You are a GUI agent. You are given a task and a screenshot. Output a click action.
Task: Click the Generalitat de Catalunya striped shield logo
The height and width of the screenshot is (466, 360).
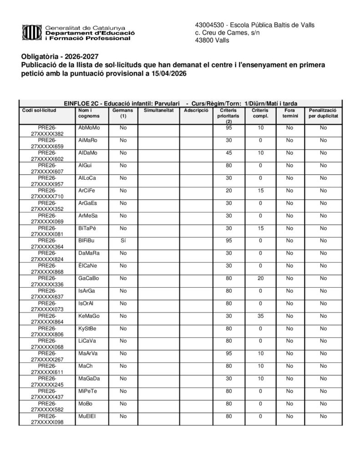tap(32, 32)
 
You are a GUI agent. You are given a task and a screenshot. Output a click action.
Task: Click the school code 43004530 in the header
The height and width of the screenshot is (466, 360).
tap(207, 25)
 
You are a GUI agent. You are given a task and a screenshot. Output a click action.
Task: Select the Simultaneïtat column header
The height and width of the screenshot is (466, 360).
tap(158, 110)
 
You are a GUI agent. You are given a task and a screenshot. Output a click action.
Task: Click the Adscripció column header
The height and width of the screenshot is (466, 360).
tap(196, 110)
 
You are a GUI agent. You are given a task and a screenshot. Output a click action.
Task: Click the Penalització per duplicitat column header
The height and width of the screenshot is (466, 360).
tap(323, 113)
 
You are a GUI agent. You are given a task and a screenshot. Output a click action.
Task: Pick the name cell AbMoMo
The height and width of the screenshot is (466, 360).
tap(89, 128)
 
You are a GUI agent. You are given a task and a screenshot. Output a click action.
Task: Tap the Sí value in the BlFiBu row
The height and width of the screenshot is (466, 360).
tap(123, 240)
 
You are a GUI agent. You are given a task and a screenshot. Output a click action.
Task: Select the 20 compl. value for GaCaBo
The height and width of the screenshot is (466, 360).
tap(260, 278)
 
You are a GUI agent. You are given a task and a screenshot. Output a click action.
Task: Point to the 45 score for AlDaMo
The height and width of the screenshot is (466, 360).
tap(229, 152)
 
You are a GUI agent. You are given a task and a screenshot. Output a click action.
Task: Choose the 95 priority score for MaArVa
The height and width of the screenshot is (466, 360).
tap(229, 353)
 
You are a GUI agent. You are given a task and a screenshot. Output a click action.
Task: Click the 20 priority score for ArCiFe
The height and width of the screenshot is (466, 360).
tap(229, 190)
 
